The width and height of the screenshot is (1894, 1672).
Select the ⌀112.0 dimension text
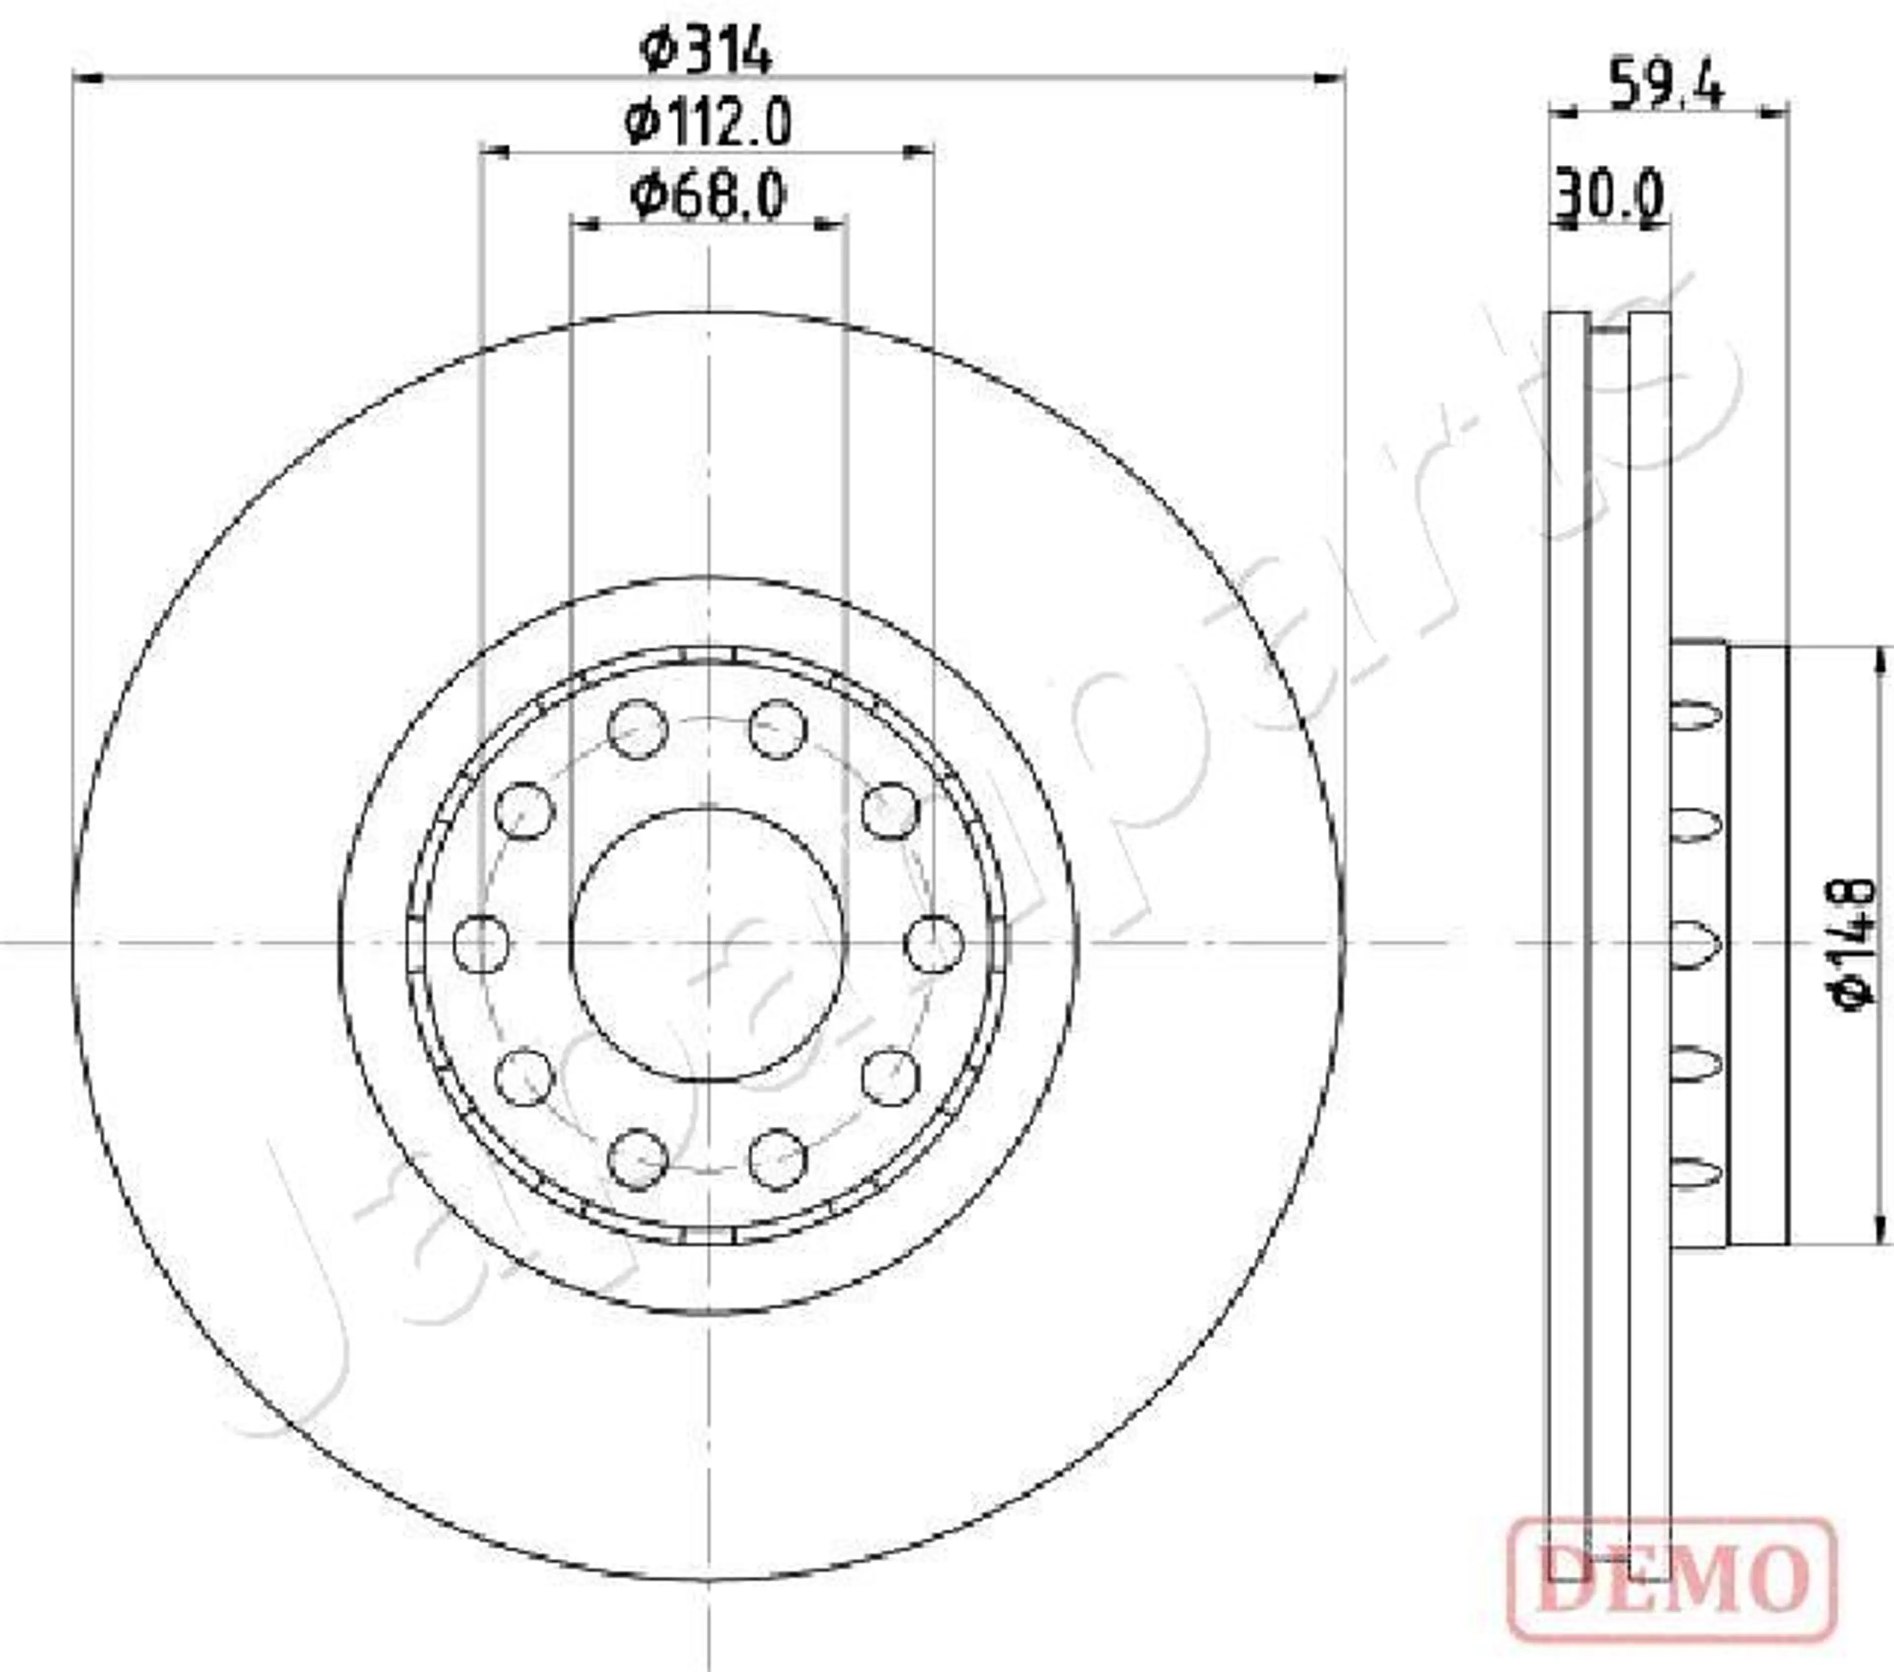(x=708, y=123)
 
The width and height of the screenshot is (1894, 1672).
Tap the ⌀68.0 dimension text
(x=708, y=196)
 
